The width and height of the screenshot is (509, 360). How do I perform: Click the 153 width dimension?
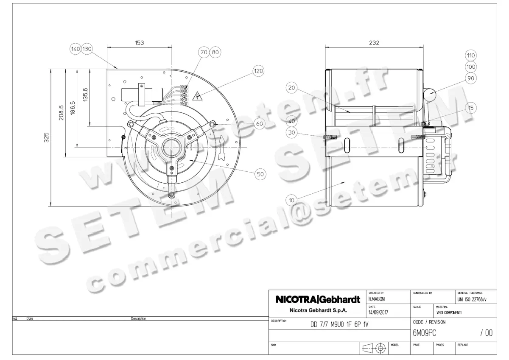pyautogui.click(x=140, y=42)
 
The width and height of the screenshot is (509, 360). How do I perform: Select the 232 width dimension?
pyautogui.click(x=374, y=42)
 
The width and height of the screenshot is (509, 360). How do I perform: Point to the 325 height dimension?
pyautogui.click(x=47, y=137)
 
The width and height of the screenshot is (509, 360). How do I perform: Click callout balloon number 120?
pyautogui.click(x=258, y=71)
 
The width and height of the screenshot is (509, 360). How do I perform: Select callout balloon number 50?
pyautogui.click(x=260, y=173)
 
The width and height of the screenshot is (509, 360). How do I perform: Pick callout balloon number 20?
pyautogui.click(x=291, y=88)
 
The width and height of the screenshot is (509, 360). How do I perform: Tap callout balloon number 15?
pyautogui.click(x=470, y=108)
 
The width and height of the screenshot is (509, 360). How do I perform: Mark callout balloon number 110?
pyautogui.click(x=470, y=56)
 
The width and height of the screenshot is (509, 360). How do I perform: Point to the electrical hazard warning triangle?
pyautogui.click(x=197, y=96)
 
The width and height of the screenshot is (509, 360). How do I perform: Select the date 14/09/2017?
pyautogui.click(x=378, y=313)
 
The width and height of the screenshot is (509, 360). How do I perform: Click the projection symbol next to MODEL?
pyautogui.click(x=373, y=348)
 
